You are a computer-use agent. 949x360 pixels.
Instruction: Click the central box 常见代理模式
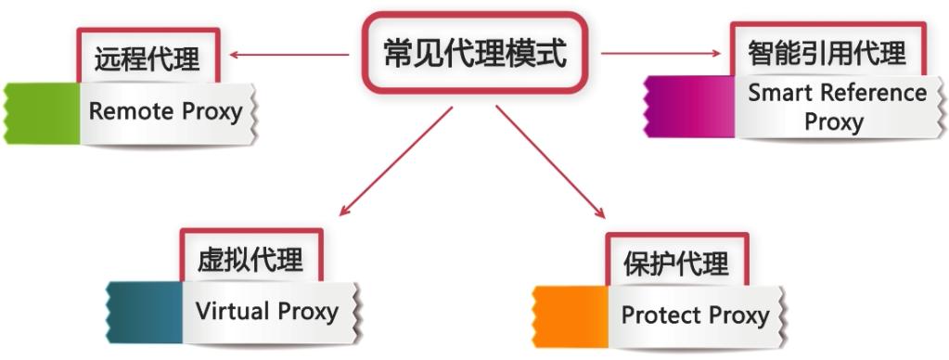click(x=474, y=54)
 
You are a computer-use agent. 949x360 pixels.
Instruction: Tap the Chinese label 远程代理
click(x=147, y=61)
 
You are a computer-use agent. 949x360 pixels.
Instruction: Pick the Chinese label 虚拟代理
click(x=250, y=260)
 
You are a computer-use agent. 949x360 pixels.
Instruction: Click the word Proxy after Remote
click(x=211, y=112)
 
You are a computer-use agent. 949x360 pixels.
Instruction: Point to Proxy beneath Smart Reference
click(x=833, y=122)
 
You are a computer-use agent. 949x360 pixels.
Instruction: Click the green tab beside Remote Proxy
click(x=43, y=112)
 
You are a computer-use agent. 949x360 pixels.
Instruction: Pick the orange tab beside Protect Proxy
click(x=571, y=315)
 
